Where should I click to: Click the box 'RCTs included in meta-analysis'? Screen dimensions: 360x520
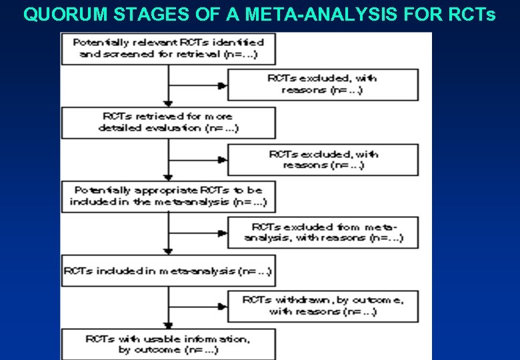168,271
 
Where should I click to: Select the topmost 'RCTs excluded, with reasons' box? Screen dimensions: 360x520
323,84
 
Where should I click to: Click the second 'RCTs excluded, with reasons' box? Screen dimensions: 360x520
323,159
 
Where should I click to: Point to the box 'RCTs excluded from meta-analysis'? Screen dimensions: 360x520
323,232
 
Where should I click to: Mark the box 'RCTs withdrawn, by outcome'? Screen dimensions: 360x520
323,306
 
